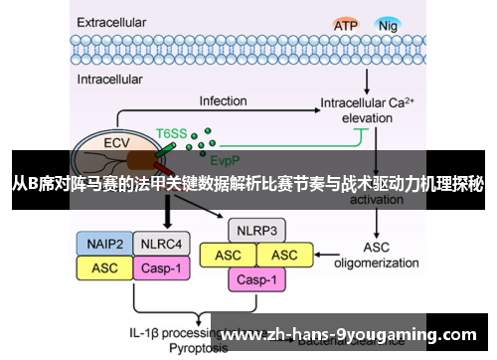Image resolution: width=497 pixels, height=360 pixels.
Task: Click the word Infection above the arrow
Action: pyautogui.click(x=223, y=101)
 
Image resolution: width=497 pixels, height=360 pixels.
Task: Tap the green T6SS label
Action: pyautogui.click(x=171, y=131)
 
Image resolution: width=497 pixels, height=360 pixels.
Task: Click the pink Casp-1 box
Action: pyautogui.click(x=257, y=279)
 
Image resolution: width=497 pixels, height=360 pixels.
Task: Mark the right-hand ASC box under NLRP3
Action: pyautogui.click(x=285, y=256)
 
